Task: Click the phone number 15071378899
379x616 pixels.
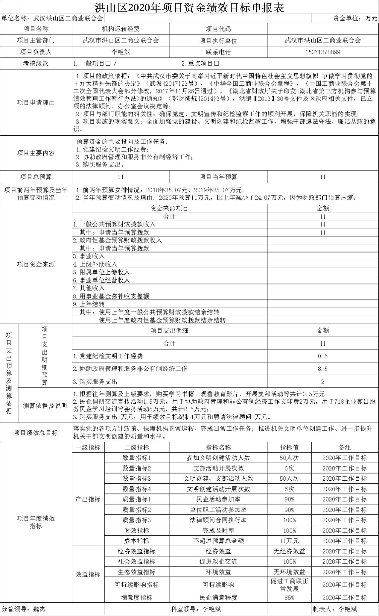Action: (322, 52)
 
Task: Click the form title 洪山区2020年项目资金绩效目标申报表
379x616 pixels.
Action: (189, 7)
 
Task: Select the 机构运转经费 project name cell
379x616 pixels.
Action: (121, 29)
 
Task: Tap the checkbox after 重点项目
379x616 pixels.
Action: (217, 63)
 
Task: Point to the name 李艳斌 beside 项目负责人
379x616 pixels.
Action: (121, 52)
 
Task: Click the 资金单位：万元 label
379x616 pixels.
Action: (355, 18)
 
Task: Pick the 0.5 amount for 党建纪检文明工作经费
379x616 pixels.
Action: (322, 356)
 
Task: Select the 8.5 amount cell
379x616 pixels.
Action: (322, 369)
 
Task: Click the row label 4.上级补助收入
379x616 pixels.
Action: (95, 264)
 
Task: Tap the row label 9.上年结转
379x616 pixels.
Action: (89, 304)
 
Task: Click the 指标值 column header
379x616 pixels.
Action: (289, 447)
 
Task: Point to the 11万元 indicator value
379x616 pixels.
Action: (289, 541)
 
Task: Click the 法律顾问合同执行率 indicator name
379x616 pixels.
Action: (218, 520)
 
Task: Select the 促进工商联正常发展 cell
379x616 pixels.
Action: (289, 585)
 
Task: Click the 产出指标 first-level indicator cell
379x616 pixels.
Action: (88, 499)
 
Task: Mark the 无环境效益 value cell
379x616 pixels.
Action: (289, 572)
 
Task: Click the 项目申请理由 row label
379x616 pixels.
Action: (36, 102)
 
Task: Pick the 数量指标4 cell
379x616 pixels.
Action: (137, 489)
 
